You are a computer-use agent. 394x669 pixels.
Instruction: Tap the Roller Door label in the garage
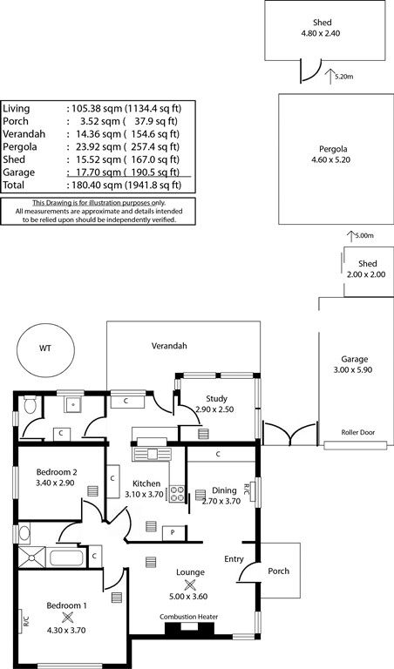[357, 432]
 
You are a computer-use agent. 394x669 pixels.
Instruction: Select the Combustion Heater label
[188, 617]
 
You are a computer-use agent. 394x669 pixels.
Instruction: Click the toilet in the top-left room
[31, 404]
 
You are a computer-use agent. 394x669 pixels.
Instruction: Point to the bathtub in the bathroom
[65, 557]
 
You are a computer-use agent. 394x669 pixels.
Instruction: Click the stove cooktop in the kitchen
[177, 494]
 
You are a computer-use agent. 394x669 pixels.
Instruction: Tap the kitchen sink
[152, 454]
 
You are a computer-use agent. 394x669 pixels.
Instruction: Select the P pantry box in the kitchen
[173, 533]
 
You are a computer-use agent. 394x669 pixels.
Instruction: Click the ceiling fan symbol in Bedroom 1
[67, 617]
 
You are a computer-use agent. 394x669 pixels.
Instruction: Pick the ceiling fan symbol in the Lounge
[190, 585]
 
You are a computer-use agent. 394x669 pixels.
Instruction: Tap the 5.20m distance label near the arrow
[344, 78]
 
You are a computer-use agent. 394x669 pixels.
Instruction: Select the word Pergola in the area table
[20, 147]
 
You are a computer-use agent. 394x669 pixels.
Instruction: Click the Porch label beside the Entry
[278, 571]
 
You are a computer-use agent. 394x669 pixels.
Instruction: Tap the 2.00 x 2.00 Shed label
[367, 274]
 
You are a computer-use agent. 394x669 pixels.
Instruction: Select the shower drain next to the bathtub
[31, 557]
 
